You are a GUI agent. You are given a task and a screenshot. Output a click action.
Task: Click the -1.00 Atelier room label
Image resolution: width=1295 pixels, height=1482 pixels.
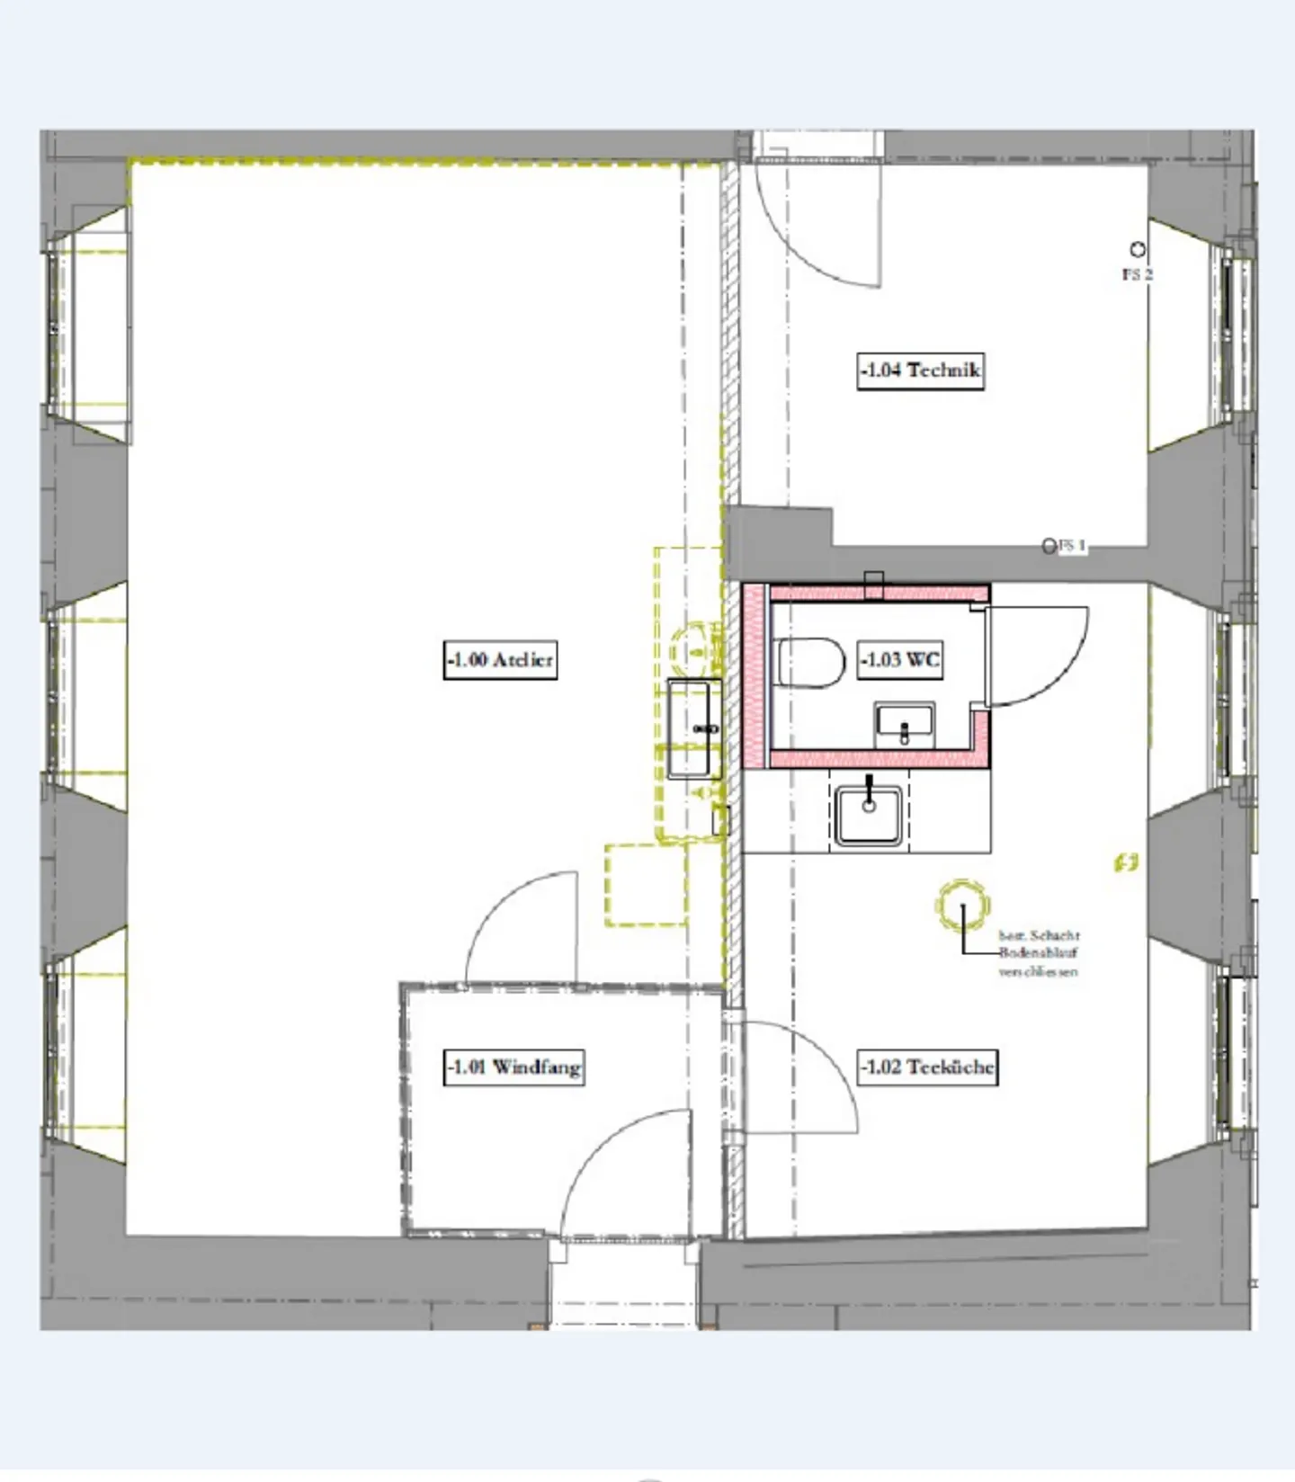[x=500, y=660]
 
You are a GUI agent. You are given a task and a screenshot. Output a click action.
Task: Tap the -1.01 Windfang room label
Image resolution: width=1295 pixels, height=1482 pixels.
[x=514, y=1067]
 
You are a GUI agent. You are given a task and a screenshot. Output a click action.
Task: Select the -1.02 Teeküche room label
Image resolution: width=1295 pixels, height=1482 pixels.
[x=927, y=1067]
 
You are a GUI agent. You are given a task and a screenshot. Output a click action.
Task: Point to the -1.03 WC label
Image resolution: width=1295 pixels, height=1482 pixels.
[x=900, y=660]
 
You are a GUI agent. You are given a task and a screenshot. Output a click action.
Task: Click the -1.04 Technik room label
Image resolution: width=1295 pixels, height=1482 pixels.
[x=920, y=370]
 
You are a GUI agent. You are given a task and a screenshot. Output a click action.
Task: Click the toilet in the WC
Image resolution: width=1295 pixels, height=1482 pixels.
[x=810, y=663]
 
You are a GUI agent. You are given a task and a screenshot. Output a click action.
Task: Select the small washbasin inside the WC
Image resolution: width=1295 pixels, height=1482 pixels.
[x=905, y=724]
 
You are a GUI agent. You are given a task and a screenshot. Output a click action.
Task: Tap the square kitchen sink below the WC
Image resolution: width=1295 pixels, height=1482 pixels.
[x=868, y=815]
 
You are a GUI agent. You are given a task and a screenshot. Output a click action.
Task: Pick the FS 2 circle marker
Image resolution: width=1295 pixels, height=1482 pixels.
[x=1138, y=249]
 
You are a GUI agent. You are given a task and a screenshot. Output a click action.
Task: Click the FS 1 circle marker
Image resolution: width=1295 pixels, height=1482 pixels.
[x=1049, y=546]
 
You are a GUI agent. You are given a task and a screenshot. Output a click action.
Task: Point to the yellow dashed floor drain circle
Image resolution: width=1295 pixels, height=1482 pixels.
[x=962, y=906]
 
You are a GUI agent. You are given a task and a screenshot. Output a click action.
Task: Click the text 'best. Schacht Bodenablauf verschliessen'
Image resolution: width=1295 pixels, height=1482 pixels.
[x=1039, y=953]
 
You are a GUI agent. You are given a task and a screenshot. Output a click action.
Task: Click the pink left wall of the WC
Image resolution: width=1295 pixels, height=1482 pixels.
[x=755, y=674]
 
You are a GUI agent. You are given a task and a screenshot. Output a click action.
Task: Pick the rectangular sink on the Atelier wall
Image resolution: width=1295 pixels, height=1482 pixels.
[x=693, y=728]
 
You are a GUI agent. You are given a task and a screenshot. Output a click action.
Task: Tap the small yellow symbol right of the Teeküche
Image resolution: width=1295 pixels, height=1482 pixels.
[x=1126, y=863]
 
